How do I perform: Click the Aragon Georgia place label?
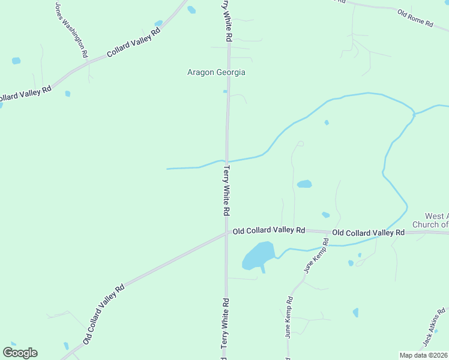click(x=217, y=72)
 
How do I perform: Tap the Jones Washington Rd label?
click(x=71, y=30)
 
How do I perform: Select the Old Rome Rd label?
click(x=415, y=18)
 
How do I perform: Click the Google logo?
click(x=20, y=353)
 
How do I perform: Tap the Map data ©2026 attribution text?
click(x=424, y=355)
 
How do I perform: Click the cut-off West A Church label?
click(x=429, y=220)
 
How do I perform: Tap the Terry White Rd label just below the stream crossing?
click(x=226, y=191)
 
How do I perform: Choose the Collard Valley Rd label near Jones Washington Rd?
click(x=134, y=43)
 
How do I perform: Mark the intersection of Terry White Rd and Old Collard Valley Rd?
click(x=227, y=233)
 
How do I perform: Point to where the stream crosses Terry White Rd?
click(x=227, y=161)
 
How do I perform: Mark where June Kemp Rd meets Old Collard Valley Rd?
click(x=327, y=233)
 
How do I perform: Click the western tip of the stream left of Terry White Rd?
click(x=167, y=169)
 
